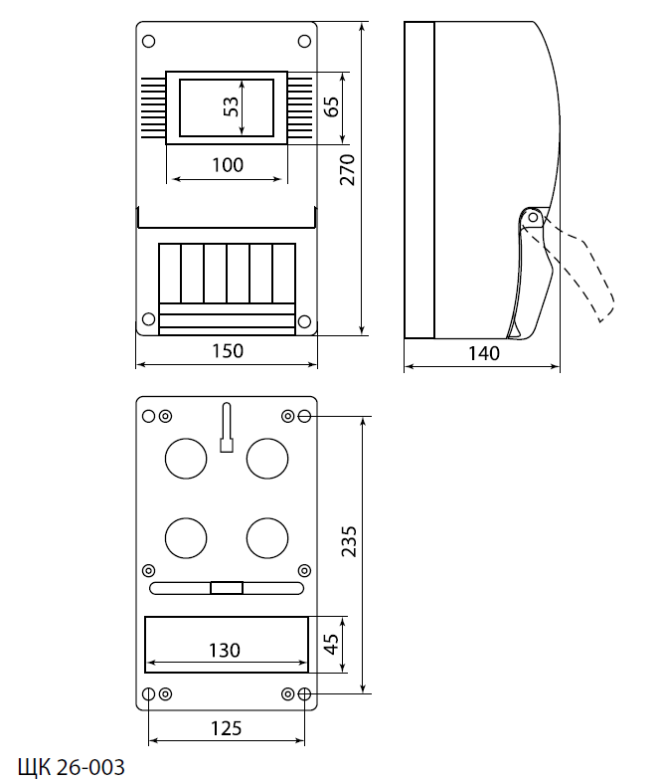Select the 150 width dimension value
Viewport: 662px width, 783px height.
(228, 351)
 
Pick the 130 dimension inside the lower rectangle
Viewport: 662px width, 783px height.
(225, 650)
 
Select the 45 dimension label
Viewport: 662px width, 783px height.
(332, 637)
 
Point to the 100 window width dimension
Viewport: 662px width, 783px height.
(228, 166)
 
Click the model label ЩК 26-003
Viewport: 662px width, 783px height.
(72, 767)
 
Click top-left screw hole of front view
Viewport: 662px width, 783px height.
(149, 42)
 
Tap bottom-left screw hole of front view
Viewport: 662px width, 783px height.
(149, 319)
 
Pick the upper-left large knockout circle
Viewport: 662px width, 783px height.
(185, 458)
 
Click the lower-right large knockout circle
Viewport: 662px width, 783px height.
(266, 538)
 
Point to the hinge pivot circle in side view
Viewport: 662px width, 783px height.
(534, 216)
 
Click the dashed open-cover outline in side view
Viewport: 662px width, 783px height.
(586, 279)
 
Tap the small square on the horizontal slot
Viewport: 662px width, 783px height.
(227, 588)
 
